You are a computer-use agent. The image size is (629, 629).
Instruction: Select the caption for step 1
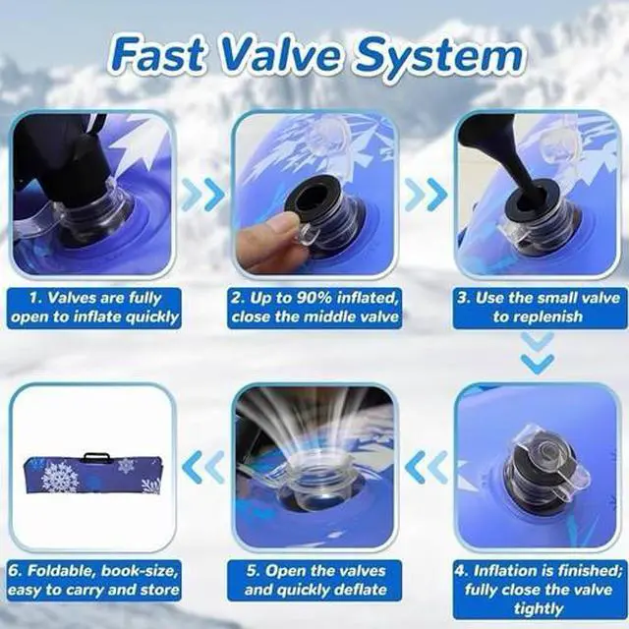[x=95, y=307]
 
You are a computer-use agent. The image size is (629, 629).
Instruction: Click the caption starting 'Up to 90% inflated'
[x=314, y=307]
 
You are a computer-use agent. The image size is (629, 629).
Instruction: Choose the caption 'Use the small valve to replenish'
[x=538, y=307]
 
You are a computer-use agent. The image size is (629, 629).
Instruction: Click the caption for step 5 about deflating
[x=314, y=580]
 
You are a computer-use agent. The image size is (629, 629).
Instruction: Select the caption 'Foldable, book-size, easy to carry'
[x=95, y=580]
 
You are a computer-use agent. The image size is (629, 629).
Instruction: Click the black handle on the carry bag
[x=95, y=457]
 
